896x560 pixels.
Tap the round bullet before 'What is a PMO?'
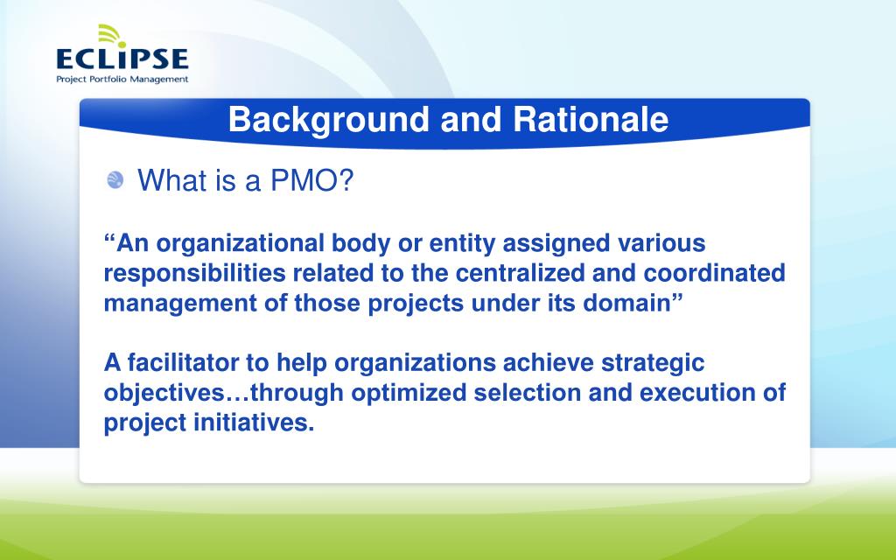[x=115, y=181]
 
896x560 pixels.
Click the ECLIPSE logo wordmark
[x=122, y=59]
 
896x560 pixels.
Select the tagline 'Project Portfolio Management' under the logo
[x=122, y=79]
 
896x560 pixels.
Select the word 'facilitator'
[x=197, y=362]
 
